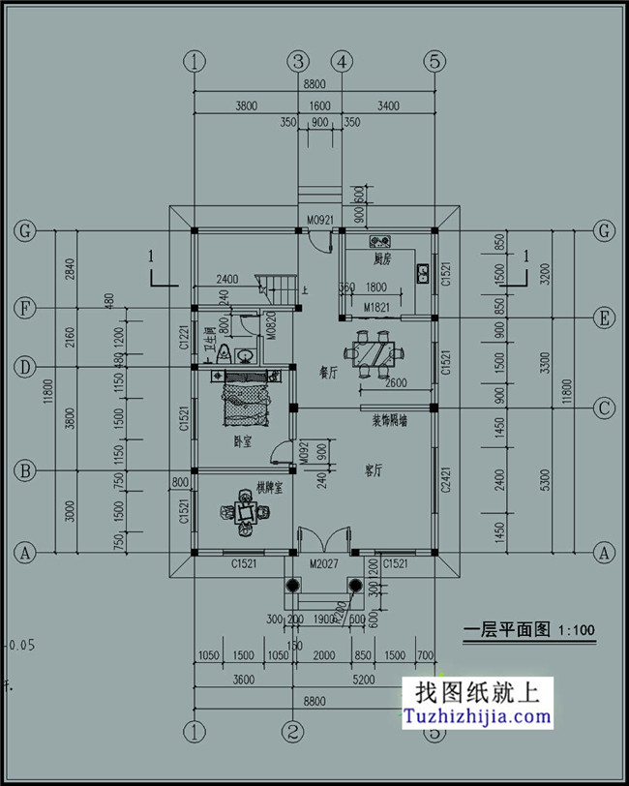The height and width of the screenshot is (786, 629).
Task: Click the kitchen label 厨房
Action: point(381,259)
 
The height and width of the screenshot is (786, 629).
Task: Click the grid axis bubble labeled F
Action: point(24,309)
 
